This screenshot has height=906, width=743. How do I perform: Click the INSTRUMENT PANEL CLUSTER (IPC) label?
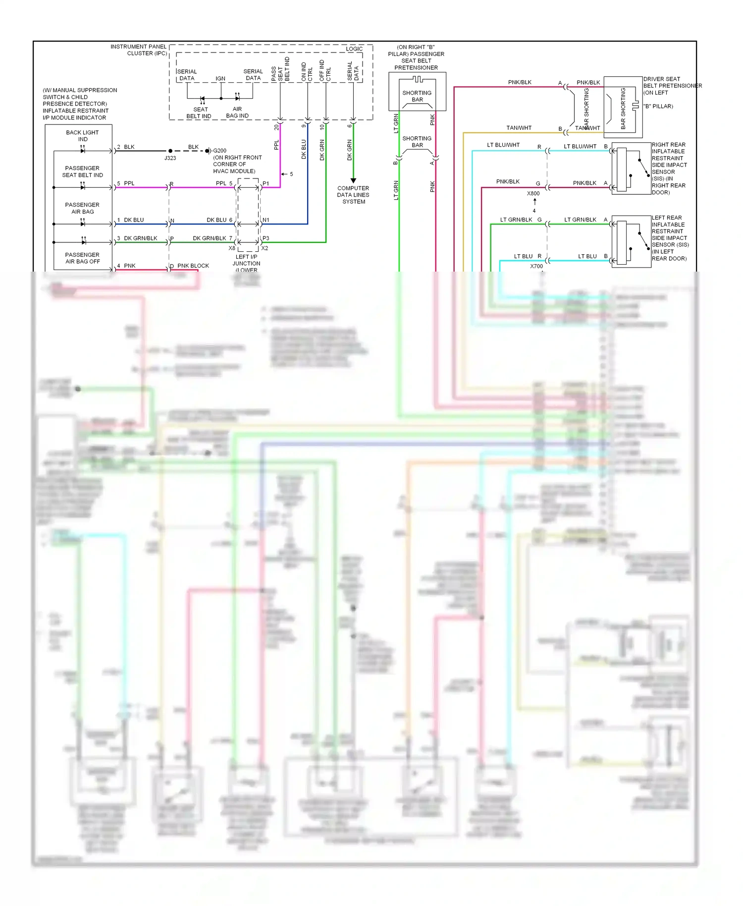coord(139,50)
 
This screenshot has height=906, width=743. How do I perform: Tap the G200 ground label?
coord(219,151)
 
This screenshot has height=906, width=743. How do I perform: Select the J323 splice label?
coord(170,158)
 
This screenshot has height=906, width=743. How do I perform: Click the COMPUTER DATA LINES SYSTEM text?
coord(353,195)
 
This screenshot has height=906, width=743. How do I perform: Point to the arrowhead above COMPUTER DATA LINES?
coord(353,180)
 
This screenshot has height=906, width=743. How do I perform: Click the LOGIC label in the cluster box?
coord(354,49)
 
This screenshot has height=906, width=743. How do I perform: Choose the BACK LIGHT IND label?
coord(82,136)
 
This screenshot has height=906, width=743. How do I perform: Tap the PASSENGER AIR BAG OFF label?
coord(82,258)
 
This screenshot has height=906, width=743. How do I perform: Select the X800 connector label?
coord(533,194)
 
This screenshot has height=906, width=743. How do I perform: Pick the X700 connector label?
coord(536,266)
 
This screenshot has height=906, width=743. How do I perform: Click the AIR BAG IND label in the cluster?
coord(237,113)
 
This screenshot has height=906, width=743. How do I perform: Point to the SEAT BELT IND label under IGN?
coord(199,113)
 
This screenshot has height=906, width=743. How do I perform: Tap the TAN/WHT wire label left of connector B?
coord(519,128)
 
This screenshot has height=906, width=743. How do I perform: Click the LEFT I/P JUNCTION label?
coord(246,260)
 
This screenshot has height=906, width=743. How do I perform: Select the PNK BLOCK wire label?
coord(193,266)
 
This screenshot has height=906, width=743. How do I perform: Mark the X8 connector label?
coord(232,248)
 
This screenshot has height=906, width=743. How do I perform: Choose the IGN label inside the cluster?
coord(220,79)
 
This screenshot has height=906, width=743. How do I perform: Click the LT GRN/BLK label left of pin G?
coord(516,220)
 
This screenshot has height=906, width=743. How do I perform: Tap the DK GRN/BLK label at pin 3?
coord(140,238)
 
